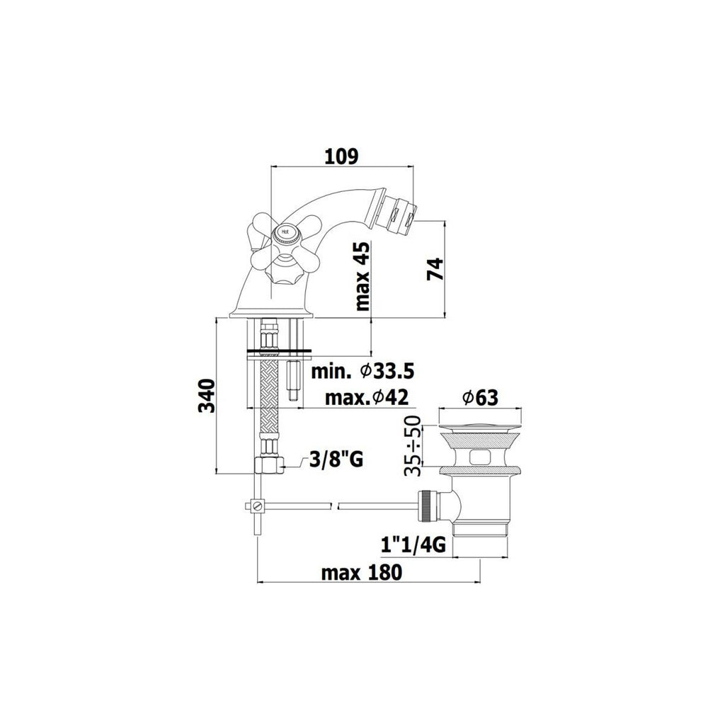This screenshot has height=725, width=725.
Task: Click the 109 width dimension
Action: (341, 156)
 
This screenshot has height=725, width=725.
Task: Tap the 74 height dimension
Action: (435, 269)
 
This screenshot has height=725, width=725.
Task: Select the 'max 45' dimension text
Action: (363, 276)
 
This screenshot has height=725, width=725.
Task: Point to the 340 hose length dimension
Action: (207, 396)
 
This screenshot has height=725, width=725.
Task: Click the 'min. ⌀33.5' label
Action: (362, 371)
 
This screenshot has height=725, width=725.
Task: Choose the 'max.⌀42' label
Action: (367, 397)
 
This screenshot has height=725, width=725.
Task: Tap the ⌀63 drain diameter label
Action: (480, 397)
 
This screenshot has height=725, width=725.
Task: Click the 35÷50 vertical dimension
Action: (412, 445)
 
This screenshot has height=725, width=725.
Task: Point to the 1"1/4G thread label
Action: (413, 546)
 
